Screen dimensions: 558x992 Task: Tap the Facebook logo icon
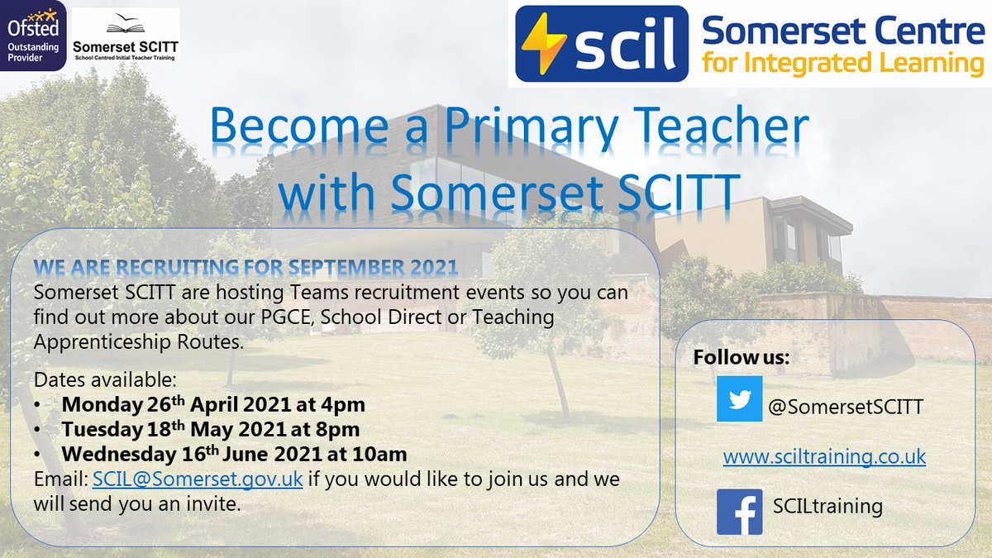(x=739, y=511)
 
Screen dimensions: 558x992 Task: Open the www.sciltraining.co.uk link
(x=824, y=457)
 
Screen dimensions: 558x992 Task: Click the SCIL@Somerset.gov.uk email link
(x=197, y=479)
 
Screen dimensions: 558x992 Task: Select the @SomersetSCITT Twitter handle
(x=846, y=407)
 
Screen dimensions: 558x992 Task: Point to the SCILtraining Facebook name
(x=827, y=505)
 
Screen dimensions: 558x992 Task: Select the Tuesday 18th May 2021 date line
(x=211, y=430)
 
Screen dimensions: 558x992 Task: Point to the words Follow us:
(x=742, y=358)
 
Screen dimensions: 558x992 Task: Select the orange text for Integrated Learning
(x=842, y=63)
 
